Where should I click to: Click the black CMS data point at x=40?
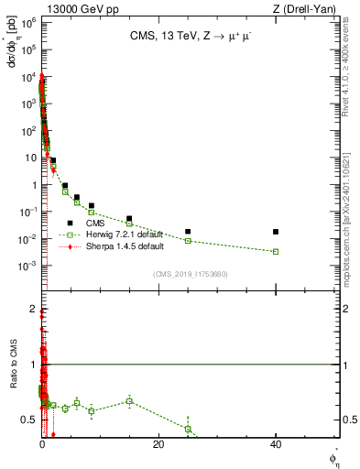pyautogui.click(x=276, y=232)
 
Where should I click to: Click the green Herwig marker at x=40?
pyautogui.click(x=276, y=251)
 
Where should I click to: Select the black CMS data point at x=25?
pyautogui.click(x=188, y=232)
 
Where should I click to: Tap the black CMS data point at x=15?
pyautogui.click(x=129, y=219)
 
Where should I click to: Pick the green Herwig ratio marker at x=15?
pyautogui.click(x=129, y=401)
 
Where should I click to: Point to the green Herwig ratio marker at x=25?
pyautogui.click(x=188, y=429)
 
